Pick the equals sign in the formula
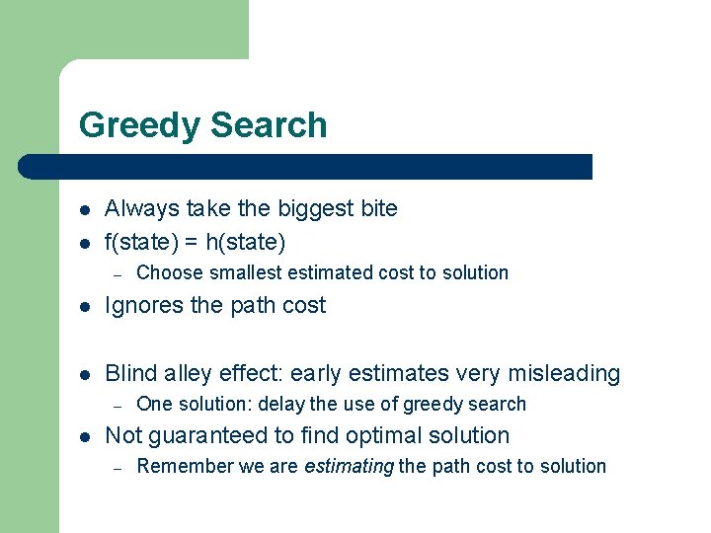pos(194,240)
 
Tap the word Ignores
pos(144,306)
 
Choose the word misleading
pos(563,373)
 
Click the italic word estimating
pos(349,466)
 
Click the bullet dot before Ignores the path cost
pos(86,306)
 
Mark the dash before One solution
pos(117,404)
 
